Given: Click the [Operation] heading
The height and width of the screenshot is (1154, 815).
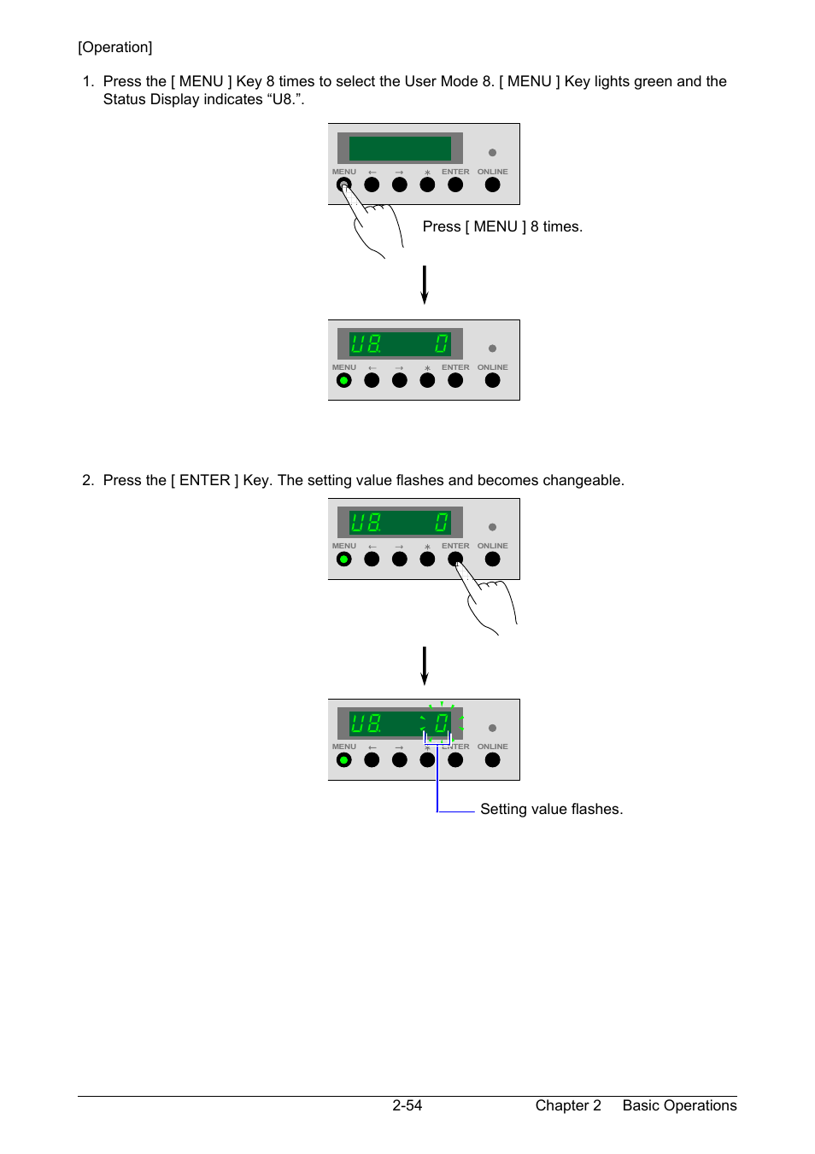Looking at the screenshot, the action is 114,47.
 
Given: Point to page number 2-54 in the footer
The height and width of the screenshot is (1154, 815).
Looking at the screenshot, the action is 407,1105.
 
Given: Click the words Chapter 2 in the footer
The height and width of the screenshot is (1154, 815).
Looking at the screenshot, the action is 568,1105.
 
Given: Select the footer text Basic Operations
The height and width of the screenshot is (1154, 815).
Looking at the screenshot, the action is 679,1105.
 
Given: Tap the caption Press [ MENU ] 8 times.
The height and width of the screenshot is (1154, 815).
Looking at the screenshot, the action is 502,226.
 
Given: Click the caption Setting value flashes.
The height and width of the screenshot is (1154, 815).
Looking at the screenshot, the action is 551,809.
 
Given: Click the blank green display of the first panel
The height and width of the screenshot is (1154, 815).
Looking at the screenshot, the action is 400,149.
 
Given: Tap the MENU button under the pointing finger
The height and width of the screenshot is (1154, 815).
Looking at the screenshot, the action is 343,185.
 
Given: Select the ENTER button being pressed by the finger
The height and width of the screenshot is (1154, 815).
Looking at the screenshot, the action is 454,559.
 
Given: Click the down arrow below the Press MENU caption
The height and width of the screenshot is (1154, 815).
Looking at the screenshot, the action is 424,285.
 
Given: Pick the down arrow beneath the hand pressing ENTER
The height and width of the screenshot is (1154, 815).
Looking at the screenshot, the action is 424,666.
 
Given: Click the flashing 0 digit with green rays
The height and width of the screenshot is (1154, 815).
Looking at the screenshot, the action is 442,723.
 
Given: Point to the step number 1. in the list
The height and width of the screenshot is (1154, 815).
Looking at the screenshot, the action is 88,81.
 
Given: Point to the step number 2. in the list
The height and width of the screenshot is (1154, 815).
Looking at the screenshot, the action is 88,480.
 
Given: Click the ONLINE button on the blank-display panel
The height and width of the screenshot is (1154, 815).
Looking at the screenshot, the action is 492,185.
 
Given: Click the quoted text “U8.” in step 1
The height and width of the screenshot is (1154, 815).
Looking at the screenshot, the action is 285,99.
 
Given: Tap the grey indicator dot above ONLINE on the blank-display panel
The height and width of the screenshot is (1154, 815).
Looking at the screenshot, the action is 492,153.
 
